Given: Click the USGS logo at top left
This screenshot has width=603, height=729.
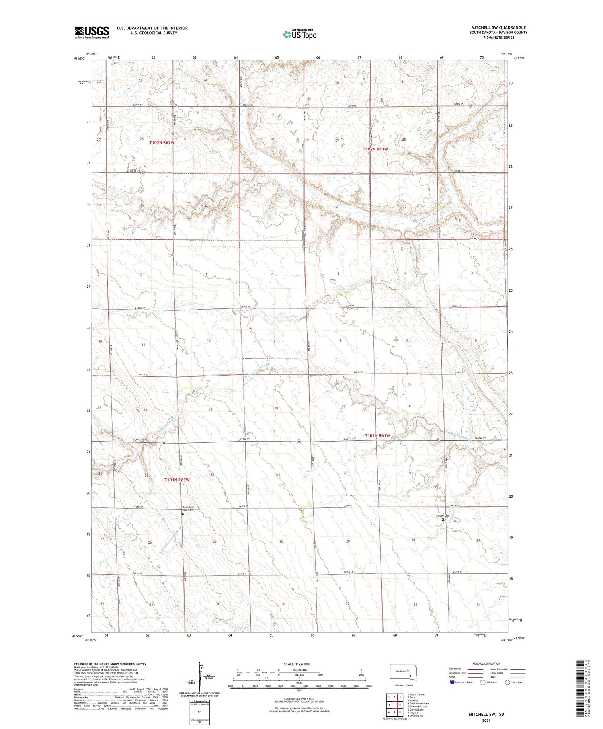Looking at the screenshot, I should click(x=92, y=32).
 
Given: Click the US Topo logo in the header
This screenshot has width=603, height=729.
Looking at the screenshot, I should click(x=299, y=35).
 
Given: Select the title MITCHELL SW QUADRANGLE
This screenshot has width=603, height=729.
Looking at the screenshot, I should click(x=499, y=27).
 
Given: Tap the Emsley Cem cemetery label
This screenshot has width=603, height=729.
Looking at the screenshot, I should click(x=443, y=515).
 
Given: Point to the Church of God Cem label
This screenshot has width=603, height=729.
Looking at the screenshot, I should click(x=188, y=508).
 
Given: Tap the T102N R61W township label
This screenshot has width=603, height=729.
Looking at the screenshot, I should click(x=375, y=149).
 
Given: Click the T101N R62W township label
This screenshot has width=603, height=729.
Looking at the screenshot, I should click(x=176, y=480).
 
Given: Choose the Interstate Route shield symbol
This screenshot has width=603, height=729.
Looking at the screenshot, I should click(x=452, y=682).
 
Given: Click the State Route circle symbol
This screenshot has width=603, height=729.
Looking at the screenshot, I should click(x=507, y=682).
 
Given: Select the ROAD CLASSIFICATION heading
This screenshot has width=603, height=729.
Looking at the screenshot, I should click(x=486, y=663).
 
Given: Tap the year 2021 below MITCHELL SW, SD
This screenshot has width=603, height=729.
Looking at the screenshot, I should click(x=486, y=720).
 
